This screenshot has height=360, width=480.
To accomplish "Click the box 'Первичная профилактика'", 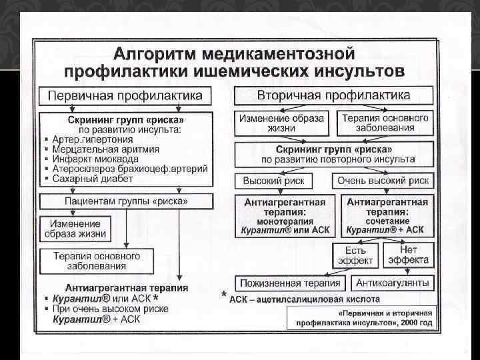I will [x=125, y=95].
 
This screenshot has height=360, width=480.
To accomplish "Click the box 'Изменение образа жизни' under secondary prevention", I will [x=281, y=123].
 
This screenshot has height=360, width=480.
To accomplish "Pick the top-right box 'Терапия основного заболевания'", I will [x=386, y=123].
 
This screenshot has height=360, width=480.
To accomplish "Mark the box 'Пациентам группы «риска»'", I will [x=126, y=201].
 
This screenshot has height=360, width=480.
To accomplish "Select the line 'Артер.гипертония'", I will [x=93, y=139].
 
